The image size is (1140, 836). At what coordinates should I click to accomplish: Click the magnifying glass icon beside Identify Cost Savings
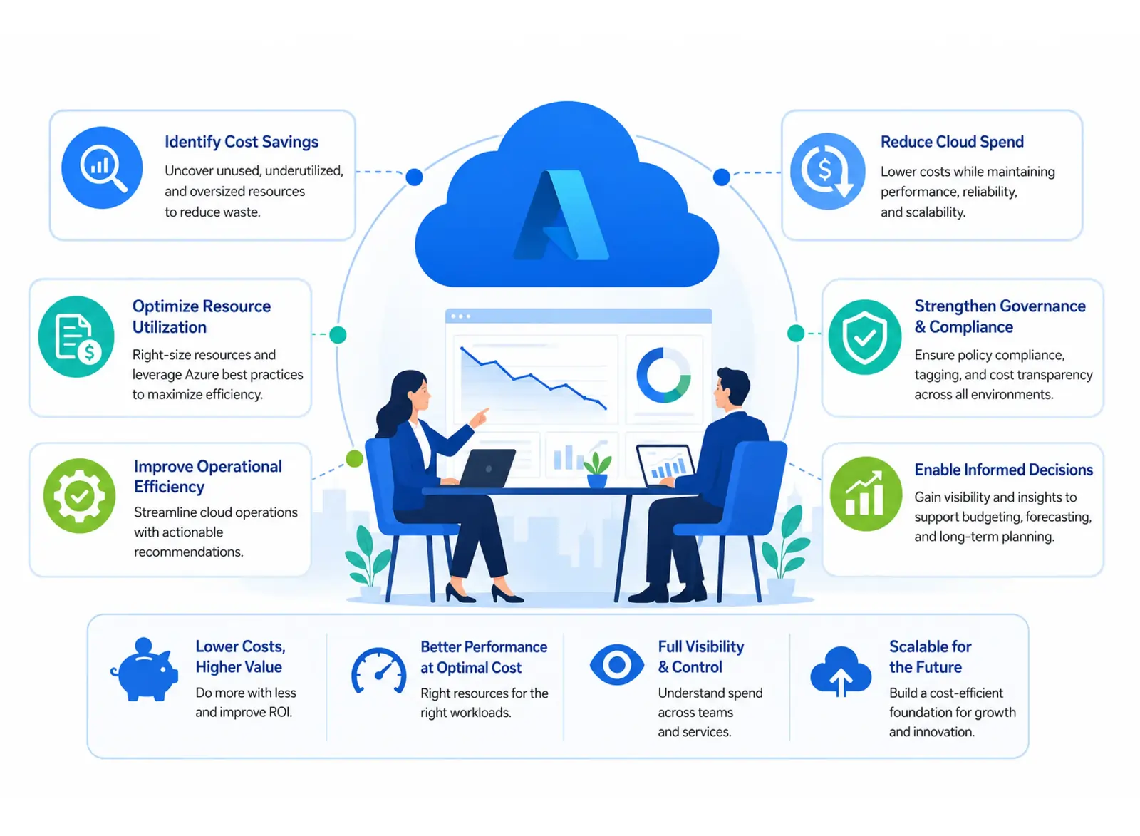coord(102,167)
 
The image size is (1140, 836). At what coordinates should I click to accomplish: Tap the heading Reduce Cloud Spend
coord(952,142)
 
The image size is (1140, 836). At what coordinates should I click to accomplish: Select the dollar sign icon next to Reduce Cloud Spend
coord(827,171)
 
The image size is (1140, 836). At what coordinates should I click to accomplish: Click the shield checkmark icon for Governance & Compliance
coord(865,336)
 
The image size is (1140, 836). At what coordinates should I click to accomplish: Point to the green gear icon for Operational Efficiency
coord(79,495)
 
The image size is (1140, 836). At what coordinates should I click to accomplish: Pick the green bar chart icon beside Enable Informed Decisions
coord(866,493)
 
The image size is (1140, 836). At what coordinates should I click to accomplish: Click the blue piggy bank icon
coord(145,669)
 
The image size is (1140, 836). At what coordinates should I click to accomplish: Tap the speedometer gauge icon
coord(378,671)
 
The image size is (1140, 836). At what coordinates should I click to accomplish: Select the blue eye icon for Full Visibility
coord(617,664)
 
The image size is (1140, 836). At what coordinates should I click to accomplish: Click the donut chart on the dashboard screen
coord(663,375)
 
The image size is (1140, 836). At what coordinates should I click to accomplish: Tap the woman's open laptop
coord(487,468)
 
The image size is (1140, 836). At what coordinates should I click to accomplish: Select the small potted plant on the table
coord(597,470)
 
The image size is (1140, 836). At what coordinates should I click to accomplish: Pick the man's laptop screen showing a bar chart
coord(666,465)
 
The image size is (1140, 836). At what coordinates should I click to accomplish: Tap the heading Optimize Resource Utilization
coord(202,316)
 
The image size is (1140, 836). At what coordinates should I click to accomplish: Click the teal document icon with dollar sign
coord(76,336)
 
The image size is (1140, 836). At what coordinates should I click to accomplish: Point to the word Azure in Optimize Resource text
coord(202,374)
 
